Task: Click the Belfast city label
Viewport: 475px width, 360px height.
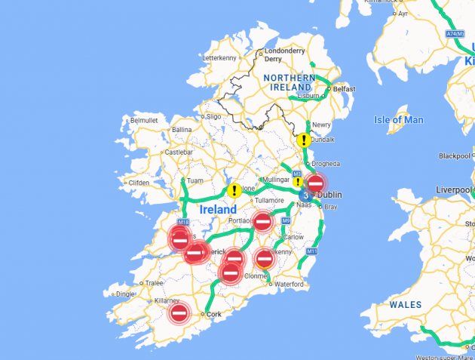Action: point(344,88)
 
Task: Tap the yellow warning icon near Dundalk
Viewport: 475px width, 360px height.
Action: point(303,140)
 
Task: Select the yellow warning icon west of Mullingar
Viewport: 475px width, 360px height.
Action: point(234,190)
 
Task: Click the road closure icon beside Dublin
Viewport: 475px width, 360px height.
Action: point(316,183)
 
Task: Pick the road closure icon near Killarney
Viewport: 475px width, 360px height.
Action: point(179,311)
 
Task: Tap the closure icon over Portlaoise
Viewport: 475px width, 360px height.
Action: point(262,222)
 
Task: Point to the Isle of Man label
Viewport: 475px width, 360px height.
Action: point(398,120)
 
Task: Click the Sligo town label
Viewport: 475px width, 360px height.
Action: point(213,117)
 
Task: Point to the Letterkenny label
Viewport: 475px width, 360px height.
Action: point(219,57)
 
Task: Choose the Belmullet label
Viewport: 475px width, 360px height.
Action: point(144,120)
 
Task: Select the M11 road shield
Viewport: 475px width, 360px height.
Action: point(312,251)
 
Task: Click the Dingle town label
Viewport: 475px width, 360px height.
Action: point(124,294)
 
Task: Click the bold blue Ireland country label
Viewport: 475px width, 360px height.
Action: point(218,209)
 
